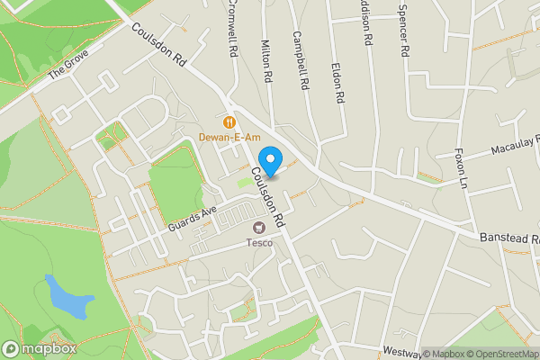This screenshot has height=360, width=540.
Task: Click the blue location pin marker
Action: click(271, 157)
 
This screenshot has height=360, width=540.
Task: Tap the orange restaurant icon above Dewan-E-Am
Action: click(229, 121)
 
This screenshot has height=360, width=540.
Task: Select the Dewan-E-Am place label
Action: click(229, 138)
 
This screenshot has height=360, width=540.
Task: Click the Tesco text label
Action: click(260, 242)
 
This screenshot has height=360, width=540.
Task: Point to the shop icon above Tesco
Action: click(260, 228)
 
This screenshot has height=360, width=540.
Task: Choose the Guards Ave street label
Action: click(193, 220)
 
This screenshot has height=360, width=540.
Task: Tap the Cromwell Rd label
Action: click(231, 29)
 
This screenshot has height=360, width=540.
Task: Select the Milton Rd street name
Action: click(265, 61)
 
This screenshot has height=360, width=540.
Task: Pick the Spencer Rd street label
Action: click(402, 34)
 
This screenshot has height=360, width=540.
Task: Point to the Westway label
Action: click(401, 350)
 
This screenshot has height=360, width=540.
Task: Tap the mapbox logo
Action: click(39, 348)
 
